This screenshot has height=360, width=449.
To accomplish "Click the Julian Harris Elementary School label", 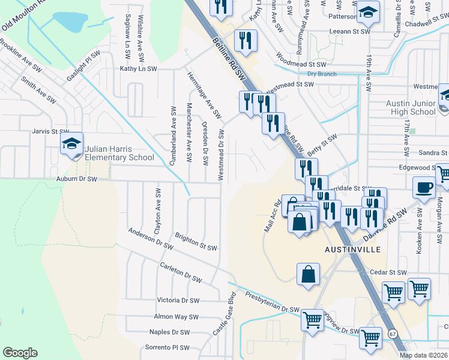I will click(x=119, y=153).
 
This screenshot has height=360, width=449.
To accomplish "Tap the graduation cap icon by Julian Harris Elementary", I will click(x=72, y=144).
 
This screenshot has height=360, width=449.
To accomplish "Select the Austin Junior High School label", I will click(x=411, y=107).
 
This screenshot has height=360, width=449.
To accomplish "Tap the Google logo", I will click(x=20, y=353).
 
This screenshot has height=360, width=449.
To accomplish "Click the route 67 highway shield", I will click(x=393, y=333).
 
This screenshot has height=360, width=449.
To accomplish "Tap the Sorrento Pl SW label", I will click(x=167, y=347).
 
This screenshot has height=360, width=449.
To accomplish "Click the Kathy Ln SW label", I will click(x=138, y=69).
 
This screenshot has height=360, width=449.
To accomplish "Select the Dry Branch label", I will click(x=319, y=74).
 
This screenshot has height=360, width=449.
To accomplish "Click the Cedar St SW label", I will click(x=388, y=272).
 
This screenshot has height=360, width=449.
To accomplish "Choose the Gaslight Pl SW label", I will click(x=83, y=65).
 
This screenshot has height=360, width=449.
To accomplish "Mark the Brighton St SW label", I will click(x=195, y=242).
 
